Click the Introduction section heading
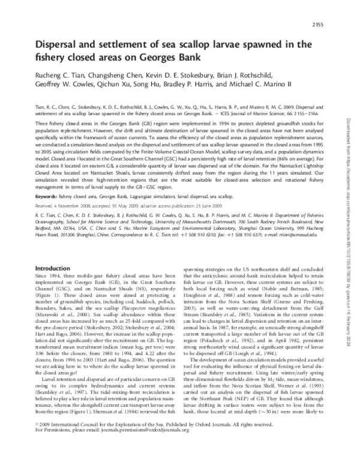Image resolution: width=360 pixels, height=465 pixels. (x=54, y=268)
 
